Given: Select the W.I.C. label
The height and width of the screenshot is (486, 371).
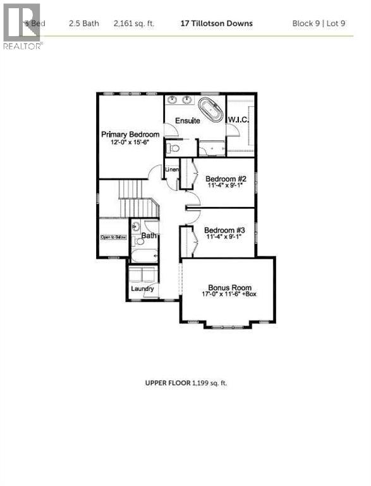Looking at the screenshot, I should coord(238,120).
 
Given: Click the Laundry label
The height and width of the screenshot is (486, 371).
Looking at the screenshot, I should coord(142,289).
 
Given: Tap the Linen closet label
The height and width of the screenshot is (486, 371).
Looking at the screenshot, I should coord(171,170).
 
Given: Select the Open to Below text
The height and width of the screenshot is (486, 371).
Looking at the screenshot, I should coord(114,237).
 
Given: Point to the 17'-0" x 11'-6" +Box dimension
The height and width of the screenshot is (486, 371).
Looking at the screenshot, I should coord(228,294).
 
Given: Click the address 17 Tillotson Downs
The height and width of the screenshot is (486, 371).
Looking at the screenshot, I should coord(217,23).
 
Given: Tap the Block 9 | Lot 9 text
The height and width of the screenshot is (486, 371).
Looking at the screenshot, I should coord(319,23).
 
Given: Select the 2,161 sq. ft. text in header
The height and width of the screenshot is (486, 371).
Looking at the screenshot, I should coord(134,23).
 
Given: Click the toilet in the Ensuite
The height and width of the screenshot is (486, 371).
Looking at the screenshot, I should coord(173,148).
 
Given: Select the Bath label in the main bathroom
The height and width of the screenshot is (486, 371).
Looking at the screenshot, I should coord(149,235).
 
